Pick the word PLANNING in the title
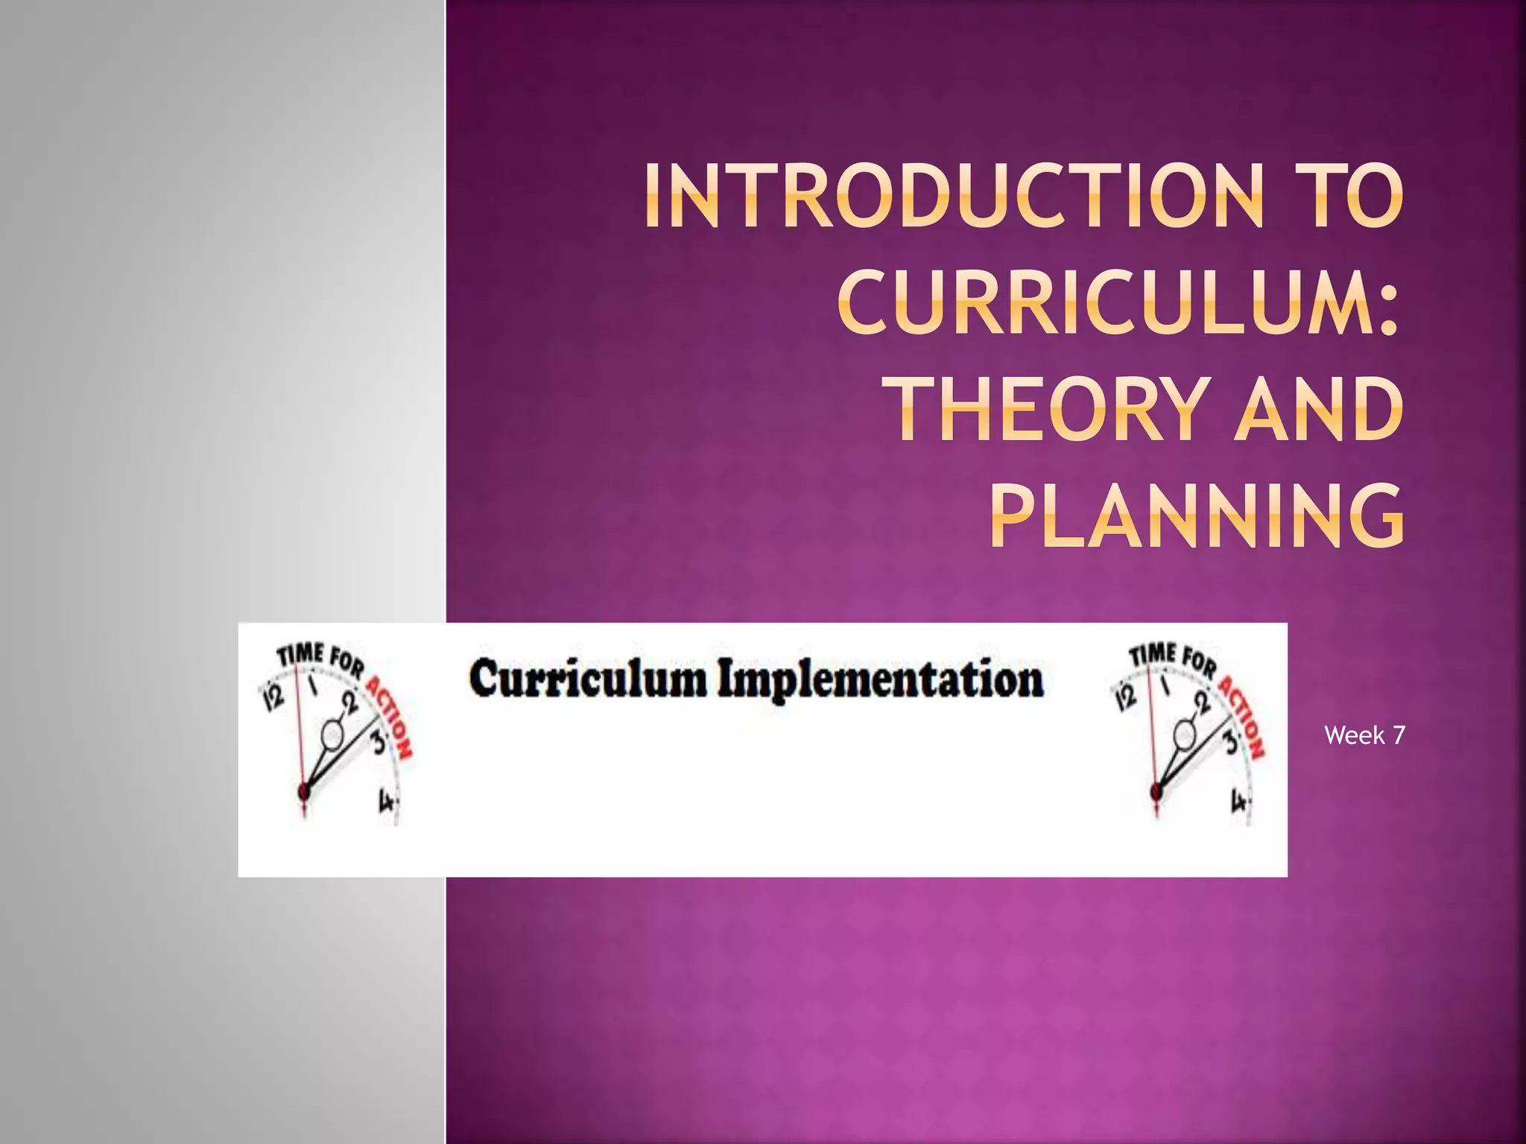(1197, 516)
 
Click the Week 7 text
(1364, 736)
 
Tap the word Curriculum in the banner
(588, 680)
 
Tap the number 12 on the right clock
(1126, 697)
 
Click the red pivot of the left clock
(304, 791)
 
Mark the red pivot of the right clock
(1156, 791)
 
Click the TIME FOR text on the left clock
(320, 658)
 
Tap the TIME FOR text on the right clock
(1172, 658)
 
